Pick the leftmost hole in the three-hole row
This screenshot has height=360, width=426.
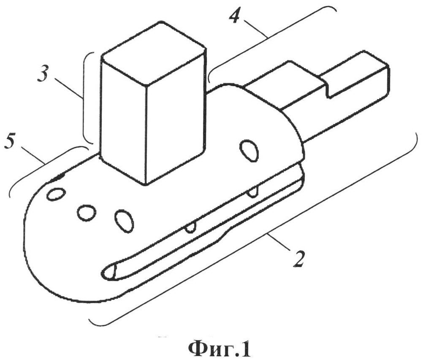pyautogui.click(x=56, y=194)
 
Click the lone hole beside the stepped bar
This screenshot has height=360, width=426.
pyautogui.click(x=249, y=151)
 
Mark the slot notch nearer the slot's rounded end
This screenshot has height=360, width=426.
pyautogui.click(x=191, y=228)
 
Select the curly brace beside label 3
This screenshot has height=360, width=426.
pyautogui.click(x=86, y=97)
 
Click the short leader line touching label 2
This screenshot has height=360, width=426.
pyautogui.click(x=279, y=242)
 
